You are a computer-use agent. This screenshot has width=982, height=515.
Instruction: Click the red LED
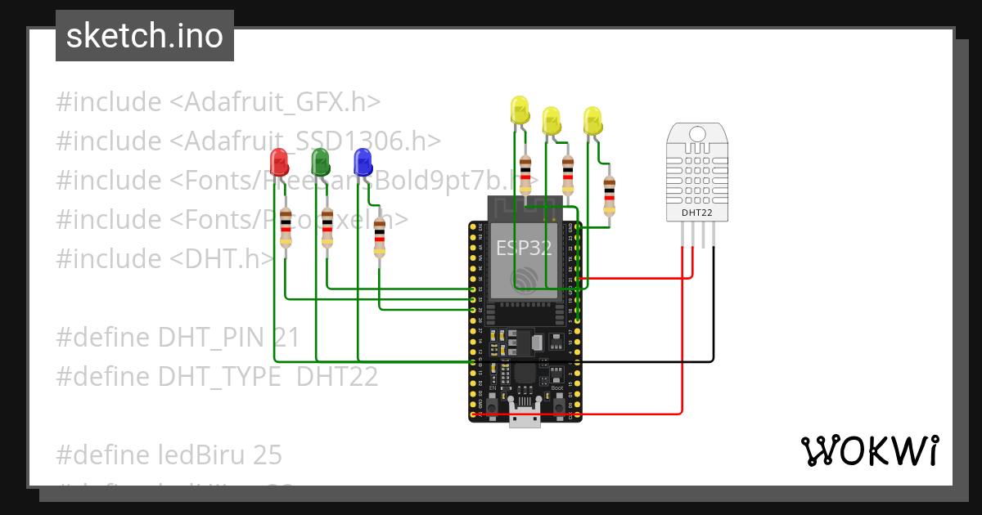point(278,161)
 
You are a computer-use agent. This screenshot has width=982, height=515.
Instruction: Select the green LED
point(321,161)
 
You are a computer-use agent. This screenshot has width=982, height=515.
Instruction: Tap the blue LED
point(363,161)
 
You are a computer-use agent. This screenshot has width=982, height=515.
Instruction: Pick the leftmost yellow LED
point(520,110)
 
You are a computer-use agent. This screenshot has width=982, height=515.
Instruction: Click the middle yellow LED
point(552,120)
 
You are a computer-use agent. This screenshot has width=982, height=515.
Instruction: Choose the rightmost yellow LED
point(592,120)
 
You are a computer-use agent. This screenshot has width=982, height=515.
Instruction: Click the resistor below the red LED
point(285,227)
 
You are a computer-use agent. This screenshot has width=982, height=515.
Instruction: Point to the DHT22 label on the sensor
point(696,213)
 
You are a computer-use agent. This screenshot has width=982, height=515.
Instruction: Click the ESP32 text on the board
point(525,249)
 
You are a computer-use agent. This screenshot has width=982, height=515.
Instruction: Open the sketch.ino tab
point(145,36)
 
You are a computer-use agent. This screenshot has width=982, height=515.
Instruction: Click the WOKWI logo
point(869,450)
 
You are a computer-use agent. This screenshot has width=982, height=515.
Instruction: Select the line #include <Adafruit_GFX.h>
point(218,102)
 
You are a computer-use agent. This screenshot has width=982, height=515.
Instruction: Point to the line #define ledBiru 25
point(169,454)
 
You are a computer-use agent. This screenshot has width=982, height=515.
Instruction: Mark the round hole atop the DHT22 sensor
point(696,133)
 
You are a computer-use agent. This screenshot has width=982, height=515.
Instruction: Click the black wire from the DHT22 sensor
point(714,311)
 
